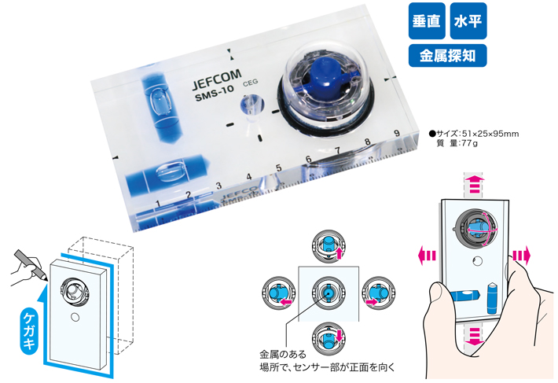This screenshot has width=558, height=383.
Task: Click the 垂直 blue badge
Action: click(427, 21)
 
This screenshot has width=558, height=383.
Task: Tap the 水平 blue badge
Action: click(468, 21)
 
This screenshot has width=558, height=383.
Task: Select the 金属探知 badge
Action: click(448, 56)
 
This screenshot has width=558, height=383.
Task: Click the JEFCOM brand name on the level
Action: click(217, 79)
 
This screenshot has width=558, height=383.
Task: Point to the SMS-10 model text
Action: click(215, 94)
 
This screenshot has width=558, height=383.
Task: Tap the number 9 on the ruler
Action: click(397, 133)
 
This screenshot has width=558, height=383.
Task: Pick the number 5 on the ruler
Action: click(279, 168)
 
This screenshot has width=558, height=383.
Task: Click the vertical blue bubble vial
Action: click(160, 107)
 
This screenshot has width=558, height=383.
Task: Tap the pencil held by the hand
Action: click(31, 264)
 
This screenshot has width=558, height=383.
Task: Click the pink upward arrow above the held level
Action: click(474, 184)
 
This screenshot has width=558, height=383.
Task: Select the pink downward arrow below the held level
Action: click(474, 337)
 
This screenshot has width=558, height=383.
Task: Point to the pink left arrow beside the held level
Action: click(427, 256)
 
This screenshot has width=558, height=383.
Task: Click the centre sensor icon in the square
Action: click(328, 293)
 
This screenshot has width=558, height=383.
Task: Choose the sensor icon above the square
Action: click(329, 246)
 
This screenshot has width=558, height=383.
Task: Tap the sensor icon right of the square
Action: click(378, 293)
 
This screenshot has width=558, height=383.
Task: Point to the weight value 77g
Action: click(469, 143)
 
